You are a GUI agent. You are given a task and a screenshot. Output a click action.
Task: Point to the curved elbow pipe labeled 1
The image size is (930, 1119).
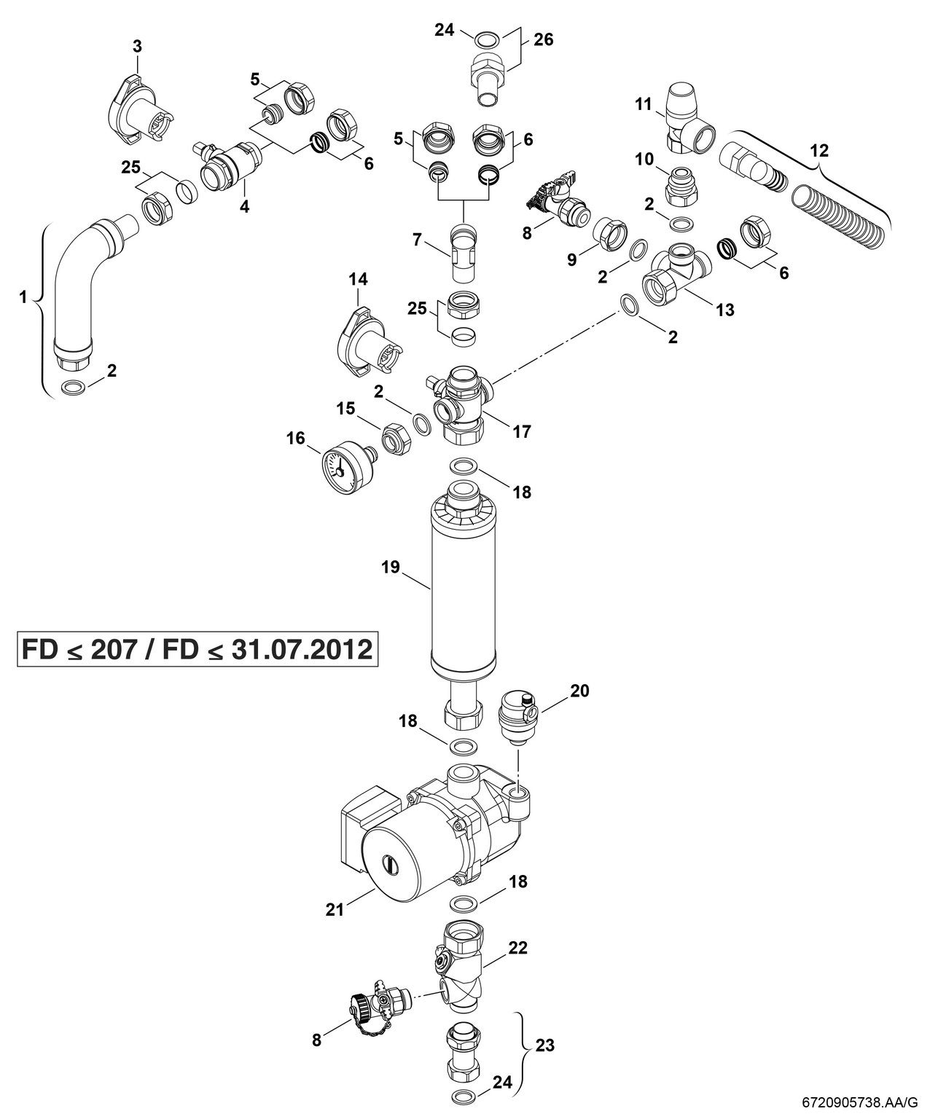[x=80, y=284]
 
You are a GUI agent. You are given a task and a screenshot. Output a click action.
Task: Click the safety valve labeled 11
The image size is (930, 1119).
[x=685, y=120]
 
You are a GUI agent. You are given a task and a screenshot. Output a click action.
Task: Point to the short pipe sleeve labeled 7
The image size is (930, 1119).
[x=464, y=255]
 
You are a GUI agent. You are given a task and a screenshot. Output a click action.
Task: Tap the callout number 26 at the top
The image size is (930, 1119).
[x=543, y=39]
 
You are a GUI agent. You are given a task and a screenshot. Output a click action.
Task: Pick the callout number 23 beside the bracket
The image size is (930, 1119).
[x=545, y=1045]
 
